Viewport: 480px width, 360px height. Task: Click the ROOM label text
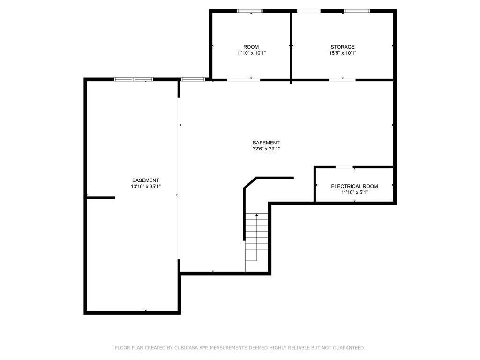tap(251, 47)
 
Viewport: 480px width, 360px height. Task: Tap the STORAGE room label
tap(343, 47)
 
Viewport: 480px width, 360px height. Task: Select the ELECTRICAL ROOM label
tap(354, 186)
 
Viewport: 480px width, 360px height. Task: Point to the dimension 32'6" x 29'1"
tap(266, 149)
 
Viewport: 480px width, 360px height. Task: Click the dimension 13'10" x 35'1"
tap(145, 186)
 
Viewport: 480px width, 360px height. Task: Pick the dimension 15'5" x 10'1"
tap(343, 53)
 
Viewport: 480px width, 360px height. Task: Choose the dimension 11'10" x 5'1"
tap(354, 192)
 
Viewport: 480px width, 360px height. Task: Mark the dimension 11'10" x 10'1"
tap(251, 53)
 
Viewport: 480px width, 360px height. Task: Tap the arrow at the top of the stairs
tap(256, 215)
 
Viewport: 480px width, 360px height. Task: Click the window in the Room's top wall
tap(249, 11)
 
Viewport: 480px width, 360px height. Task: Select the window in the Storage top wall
tap(357, 11)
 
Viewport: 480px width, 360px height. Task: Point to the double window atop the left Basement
tap(134, 79)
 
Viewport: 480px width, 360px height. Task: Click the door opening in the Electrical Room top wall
tap(344, 167)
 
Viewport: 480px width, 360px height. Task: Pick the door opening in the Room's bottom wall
tap(243, 80)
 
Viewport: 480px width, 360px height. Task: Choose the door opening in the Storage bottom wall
tap(342, 80)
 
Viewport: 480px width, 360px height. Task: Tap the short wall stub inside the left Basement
tap(101, 198)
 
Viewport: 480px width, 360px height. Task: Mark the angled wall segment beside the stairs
tap(250, 183)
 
